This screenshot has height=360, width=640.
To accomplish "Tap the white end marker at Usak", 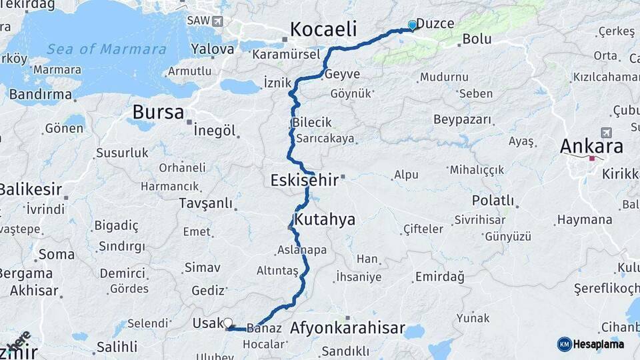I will (x=228, y=323).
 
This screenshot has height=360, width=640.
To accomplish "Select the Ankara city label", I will (x=591, y=146).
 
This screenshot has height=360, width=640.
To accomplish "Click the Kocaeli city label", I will (x=323, y=29).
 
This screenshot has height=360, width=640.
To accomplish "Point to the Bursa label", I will (x=158, y=111).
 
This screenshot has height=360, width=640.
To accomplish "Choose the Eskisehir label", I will (x=303, y=180).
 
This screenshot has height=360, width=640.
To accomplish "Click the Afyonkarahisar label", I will (x=347, y=328).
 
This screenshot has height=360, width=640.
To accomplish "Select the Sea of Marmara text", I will (x=107, y=49).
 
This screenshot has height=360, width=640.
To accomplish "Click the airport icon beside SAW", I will (x=217, y=21).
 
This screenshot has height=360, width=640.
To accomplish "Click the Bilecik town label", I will (x=311, y=123).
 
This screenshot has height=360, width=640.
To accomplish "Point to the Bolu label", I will (x=477, y=39).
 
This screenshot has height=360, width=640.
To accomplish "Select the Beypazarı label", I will (x=462, y=120).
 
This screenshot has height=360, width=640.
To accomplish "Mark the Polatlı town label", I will (x=493, y=200).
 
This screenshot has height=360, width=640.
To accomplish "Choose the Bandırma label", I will (x=40, y=95).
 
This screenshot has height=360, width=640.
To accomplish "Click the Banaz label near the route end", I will (x=260, y=328).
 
